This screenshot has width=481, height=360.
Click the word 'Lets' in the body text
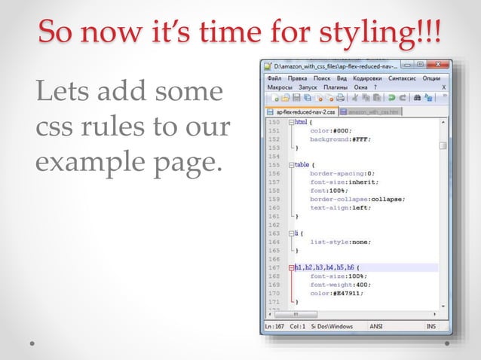coord(57,94)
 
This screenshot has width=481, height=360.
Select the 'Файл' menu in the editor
coord(275,78)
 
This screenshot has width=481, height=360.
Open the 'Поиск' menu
coord(323,78)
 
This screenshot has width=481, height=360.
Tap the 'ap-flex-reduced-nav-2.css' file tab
coord(305,111)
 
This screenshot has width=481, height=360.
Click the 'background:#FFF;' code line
coord(337,139)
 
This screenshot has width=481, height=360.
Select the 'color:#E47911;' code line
coord(336,294)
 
